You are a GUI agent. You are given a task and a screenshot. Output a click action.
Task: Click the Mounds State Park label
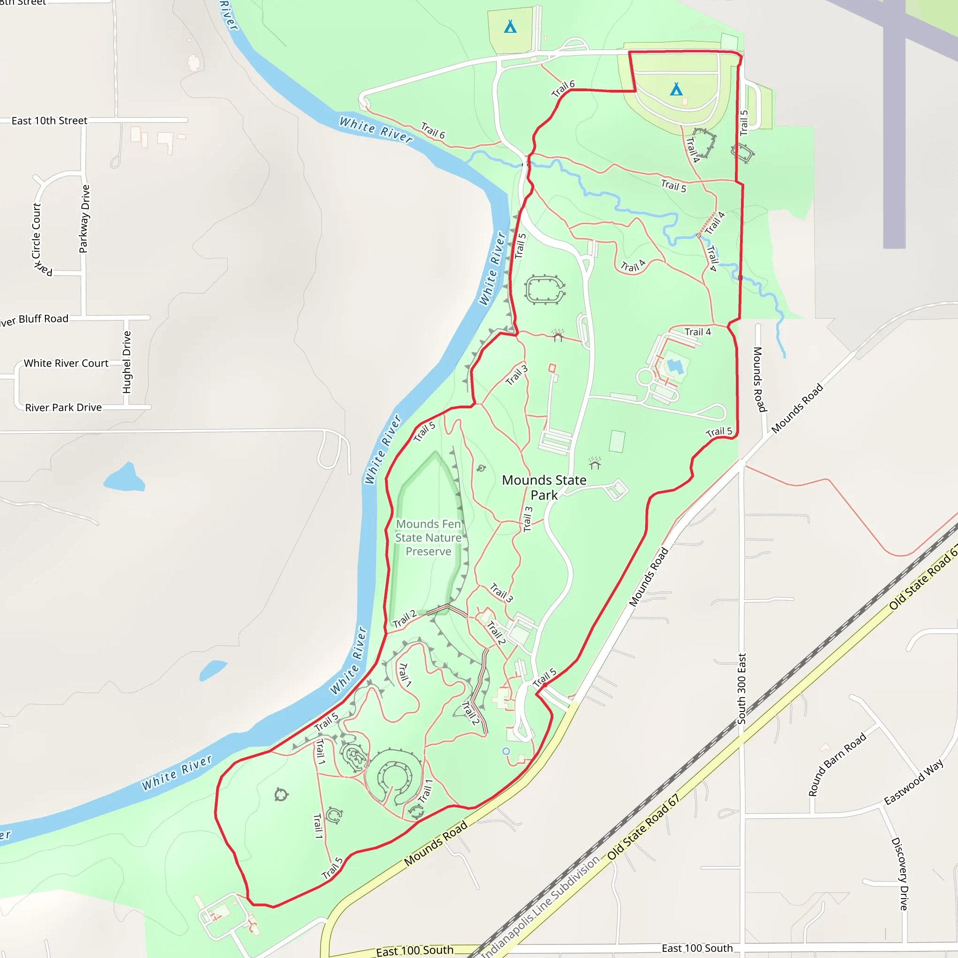[x=544, y=487]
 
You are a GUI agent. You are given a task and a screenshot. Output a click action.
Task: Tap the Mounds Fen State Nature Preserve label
[x=428, y=537]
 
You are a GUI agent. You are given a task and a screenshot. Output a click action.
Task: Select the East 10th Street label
[x=49, y=121]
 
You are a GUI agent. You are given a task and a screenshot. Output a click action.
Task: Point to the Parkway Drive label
[x=85, y=218]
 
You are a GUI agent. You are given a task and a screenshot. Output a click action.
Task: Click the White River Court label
[x=66, y=363]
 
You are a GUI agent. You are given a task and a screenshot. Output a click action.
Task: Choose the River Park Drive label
[x=64, y=407]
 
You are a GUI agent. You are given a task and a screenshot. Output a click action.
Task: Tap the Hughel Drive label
[x=127, y=362]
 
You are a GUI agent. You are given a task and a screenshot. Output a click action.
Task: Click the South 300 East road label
[x=741, y=689]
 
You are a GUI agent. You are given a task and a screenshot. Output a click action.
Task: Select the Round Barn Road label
[x=837, y=764]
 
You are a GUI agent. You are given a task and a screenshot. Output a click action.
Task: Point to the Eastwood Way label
[x=914, y=782]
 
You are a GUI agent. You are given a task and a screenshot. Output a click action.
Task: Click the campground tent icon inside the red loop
[x=676, y=89]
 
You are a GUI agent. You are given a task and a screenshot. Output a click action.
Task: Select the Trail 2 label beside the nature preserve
[x=405, y=619]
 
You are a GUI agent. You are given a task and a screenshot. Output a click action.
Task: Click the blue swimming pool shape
[x=675, y=366]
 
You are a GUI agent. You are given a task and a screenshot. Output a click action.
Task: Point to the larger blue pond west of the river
[x=124, y=477]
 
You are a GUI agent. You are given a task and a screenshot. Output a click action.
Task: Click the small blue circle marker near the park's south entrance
[x=506, y=751]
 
